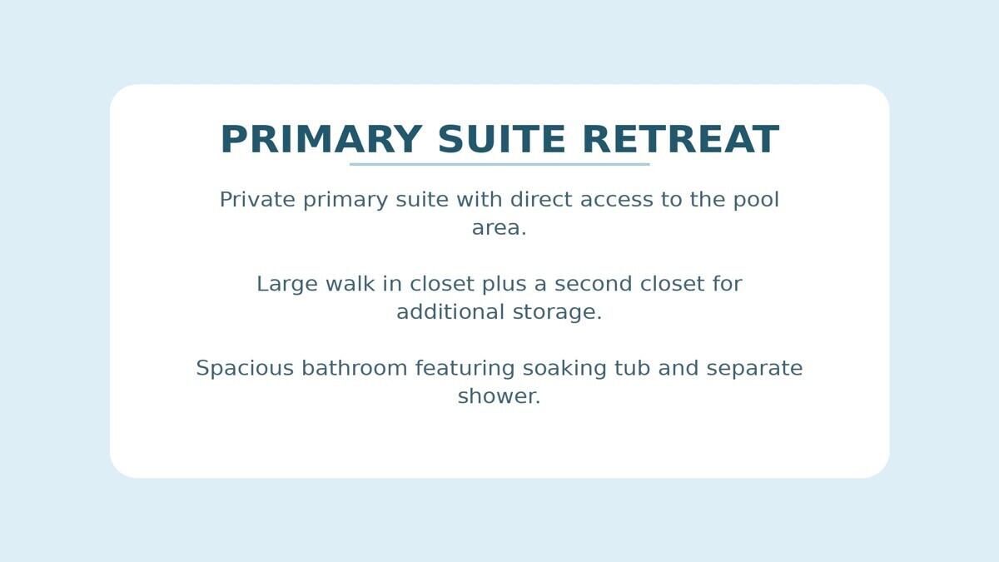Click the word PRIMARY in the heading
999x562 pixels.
coord(321,140)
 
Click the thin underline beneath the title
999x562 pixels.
coord(499,164)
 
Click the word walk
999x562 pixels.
coord(350,285)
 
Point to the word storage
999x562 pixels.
coord(557,313)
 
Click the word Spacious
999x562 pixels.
coord(244,369)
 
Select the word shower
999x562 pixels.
coord(499,397)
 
